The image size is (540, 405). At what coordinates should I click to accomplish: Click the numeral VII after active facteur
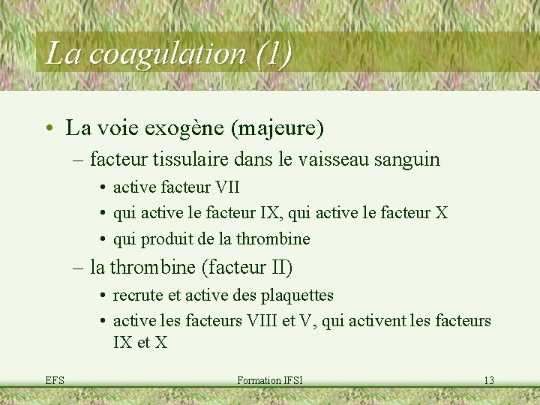(227, 187)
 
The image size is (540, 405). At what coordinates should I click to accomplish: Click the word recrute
(137, 295)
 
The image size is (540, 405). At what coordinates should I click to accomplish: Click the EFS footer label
(54, 380)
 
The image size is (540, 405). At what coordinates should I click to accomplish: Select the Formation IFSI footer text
(269, 380)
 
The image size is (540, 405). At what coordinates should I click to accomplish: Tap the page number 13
(488, 380)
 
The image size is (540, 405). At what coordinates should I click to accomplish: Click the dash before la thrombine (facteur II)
(78, 266)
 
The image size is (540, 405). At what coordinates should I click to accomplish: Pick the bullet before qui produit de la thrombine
(101, 239)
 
